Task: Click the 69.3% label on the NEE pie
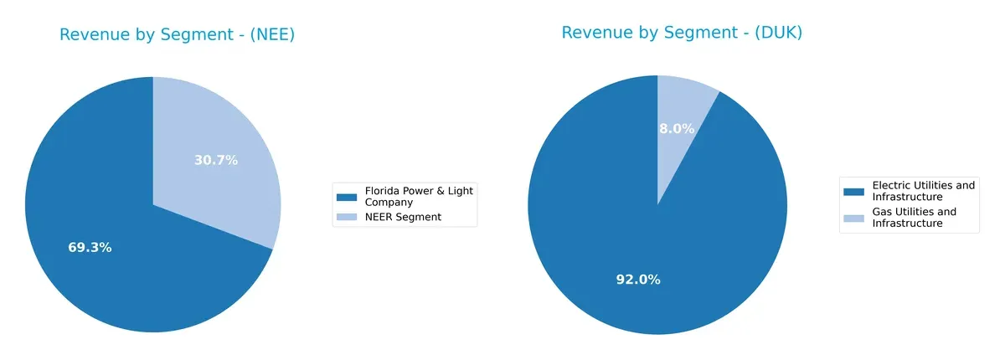[x=90, y=248]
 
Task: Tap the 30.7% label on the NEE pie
[x=216, y=161]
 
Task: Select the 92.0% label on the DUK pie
[x=638, y=280]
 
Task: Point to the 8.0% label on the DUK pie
[x=677, y=129]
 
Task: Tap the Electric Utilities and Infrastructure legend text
[x=923, y=191]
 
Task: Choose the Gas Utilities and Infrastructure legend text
[x=914, y=218]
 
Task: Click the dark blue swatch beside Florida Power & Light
[x=346, y=197]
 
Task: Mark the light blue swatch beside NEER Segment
[x=346, y=218]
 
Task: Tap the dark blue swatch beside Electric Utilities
[x=853, y=191]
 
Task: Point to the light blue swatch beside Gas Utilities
[x=853, y=218]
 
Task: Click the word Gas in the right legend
[x=882, y=212]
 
